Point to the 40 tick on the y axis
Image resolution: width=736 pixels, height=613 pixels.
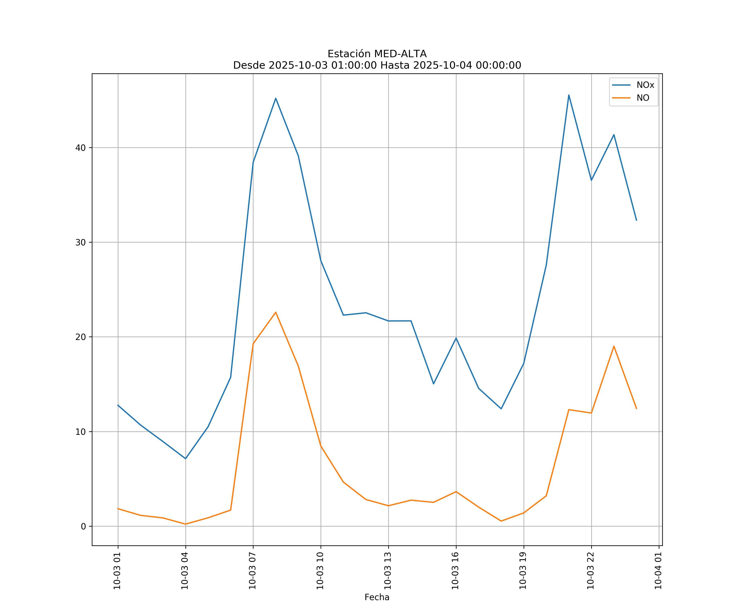pos(80,148)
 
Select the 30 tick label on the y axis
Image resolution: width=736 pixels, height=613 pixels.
pos(80,242)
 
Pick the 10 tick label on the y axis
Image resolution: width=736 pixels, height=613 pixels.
pos(80,432)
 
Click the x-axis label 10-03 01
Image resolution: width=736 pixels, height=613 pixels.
pos(117,571)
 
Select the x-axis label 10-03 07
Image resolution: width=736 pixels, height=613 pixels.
pos(252,571)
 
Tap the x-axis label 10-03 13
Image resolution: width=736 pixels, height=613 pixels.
pos(388,571)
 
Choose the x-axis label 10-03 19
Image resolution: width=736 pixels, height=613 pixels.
pos(523,571)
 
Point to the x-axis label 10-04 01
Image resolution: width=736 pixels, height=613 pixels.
pos(658,571)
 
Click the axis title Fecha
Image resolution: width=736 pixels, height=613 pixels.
pos(377,597)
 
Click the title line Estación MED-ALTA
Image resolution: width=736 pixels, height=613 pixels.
pos(377,54)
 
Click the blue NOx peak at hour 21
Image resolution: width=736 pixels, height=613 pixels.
pos(569,95)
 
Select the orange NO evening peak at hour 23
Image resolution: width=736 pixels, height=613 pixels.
pos(614,346)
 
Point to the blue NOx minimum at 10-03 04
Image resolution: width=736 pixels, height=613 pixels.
pos(185,459)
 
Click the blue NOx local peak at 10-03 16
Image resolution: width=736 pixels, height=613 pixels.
pos(456,338)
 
